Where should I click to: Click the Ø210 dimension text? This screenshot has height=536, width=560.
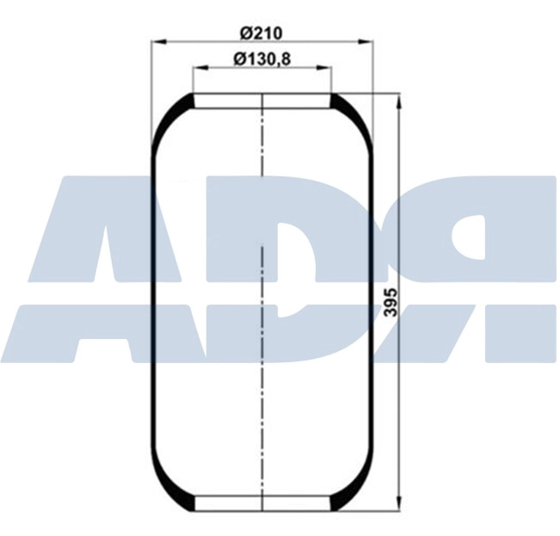(262, 32)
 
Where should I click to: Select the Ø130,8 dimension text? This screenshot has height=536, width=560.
(262, 59)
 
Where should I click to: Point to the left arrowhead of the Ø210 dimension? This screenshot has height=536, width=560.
(157, 40)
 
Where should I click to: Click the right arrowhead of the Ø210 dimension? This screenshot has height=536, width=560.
(368, 40)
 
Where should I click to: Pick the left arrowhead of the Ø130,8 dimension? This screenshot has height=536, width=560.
(198, 67)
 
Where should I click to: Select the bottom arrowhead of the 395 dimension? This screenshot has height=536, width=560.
(399, 504)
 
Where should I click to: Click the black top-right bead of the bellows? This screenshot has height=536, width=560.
(342, 106)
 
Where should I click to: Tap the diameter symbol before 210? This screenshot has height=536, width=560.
(245, 32)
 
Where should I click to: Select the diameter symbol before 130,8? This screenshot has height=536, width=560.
(239, 59)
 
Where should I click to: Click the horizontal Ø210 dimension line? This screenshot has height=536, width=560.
(206, 40)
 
